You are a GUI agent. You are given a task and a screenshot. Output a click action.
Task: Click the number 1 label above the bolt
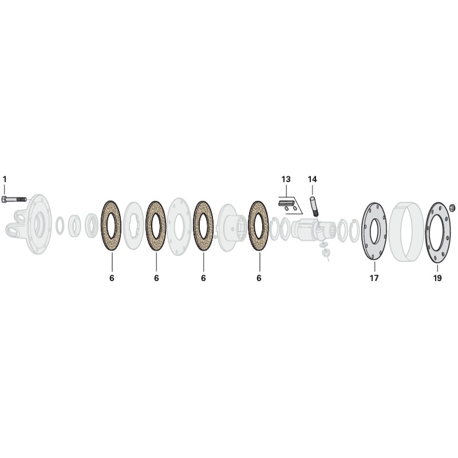click(5, 179)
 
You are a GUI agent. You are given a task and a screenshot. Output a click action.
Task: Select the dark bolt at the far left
click(14, 199)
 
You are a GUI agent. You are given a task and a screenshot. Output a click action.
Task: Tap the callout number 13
click(286, 179)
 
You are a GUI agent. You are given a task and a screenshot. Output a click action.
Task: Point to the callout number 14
click(312, 179)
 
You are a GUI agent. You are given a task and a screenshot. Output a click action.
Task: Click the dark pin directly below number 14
click(314, 206)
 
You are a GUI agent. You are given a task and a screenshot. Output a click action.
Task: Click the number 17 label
click(374, 278)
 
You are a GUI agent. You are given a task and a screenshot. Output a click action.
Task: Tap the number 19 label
click(437, 278)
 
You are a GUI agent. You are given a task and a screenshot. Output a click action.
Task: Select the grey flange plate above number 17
click(374, 231)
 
